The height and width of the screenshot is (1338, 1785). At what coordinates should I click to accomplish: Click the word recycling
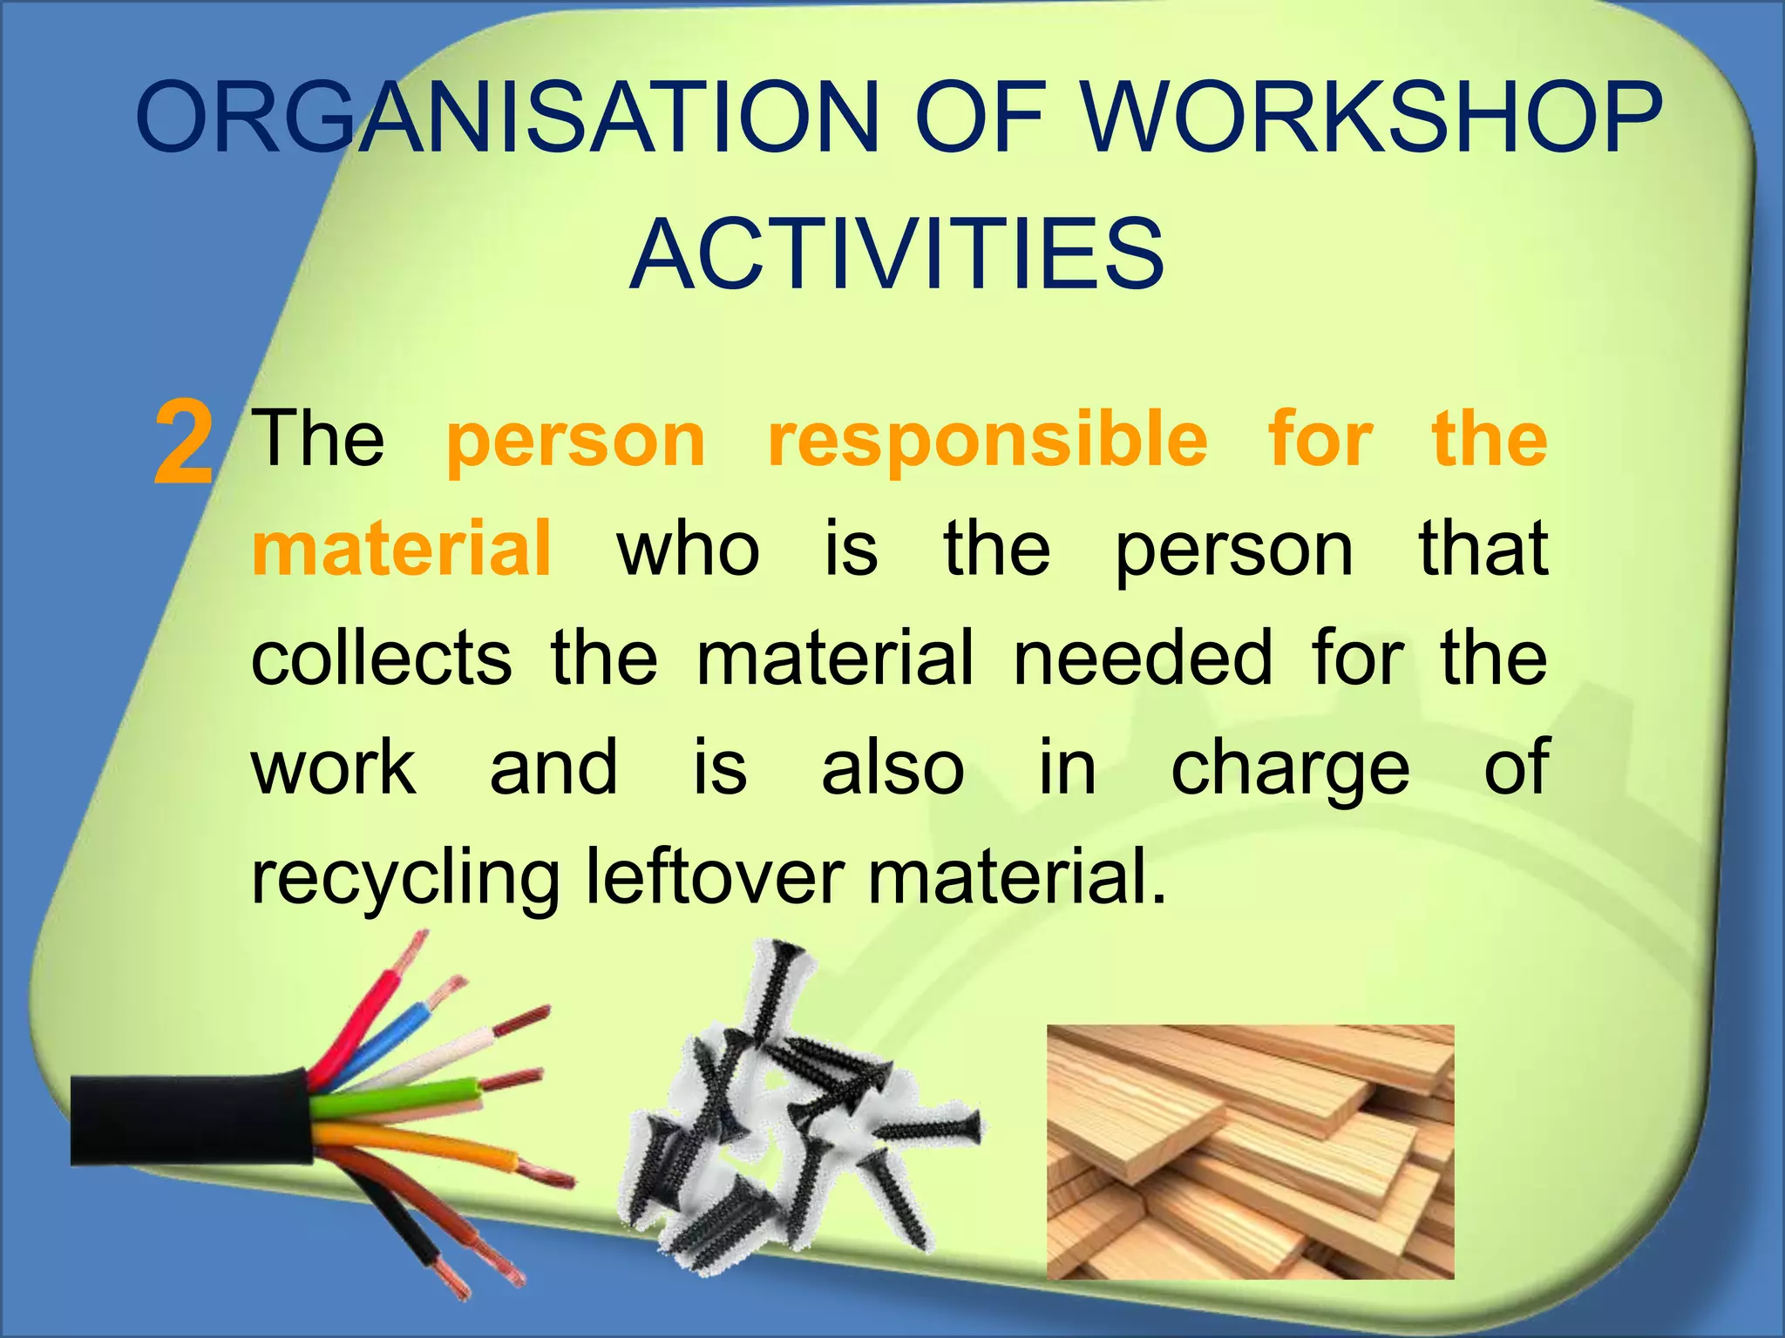point(405,878)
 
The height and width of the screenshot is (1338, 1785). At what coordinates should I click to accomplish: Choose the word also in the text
point(893,767)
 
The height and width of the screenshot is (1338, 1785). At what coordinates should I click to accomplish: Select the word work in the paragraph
point(334,767)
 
